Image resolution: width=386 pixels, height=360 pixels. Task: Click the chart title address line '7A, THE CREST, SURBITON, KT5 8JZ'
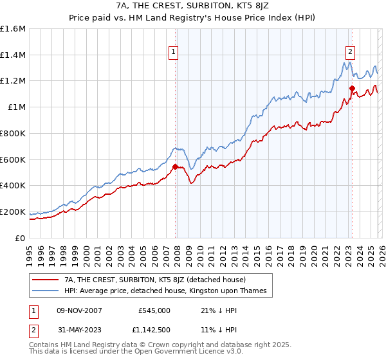192,6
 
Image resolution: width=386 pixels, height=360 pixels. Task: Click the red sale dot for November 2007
175,166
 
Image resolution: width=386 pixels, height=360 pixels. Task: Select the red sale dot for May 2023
352,88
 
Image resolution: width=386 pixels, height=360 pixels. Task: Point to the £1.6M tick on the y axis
13,29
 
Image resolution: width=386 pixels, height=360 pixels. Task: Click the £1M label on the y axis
17,107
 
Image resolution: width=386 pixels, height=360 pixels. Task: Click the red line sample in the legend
46,280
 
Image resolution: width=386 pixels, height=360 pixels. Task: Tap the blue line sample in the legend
46,291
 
